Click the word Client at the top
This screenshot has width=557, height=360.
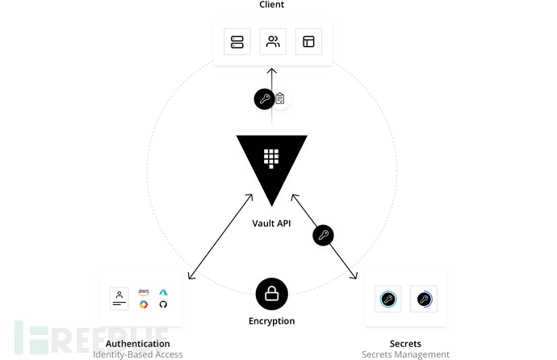(x=271, y=5)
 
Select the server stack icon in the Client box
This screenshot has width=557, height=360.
(x=237, y=42)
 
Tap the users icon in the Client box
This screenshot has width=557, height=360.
(x=272, y=42)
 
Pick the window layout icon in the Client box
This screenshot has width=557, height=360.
(x=308, y=42)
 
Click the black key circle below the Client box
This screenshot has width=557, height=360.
(x=264, y=99)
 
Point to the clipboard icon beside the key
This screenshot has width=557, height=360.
(x=280, y=99)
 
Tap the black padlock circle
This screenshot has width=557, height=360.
(x=271, y=295)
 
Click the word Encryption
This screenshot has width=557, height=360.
(x=271, y=321)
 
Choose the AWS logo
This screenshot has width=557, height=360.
(x=144, y=291)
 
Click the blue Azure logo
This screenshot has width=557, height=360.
(x=163, y=291)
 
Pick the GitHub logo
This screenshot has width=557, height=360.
(x=163, y=304)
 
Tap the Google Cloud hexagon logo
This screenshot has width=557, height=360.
(x=144, y=304)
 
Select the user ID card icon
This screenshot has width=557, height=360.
(x=119, y=298)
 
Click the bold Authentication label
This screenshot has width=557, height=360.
(x=137, y=344)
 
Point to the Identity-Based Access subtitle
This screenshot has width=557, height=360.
(x=137, y=354)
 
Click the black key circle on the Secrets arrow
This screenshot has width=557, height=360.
(x=323, y=236)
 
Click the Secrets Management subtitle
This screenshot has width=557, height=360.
(x=404, y=354)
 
